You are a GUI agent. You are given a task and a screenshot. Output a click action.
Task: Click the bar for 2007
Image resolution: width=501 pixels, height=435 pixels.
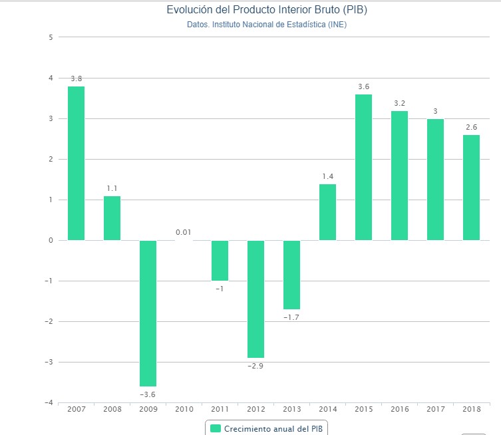click(76, 163)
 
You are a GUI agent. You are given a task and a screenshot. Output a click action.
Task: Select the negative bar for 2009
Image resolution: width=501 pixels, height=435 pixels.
click(148, 313)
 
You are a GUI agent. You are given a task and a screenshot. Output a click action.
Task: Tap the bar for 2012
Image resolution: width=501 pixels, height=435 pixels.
click(255, 299)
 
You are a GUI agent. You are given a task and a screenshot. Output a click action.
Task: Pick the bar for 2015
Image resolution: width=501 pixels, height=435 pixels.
click(363, 167)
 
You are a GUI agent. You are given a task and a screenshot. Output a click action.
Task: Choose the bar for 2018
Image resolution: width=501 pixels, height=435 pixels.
click(471, 187)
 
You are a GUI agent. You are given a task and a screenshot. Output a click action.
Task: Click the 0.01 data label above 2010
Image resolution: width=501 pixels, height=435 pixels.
click(184, 232)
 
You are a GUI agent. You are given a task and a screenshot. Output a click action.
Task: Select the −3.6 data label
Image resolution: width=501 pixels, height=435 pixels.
click(148, 394)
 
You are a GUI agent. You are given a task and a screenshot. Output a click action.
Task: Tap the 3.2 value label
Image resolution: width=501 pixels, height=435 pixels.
click(399, 103)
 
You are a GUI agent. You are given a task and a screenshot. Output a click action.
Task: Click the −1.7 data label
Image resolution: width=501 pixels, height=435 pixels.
click(291, 317)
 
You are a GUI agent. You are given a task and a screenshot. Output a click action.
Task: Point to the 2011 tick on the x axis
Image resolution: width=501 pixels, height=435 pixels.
click(220, 409)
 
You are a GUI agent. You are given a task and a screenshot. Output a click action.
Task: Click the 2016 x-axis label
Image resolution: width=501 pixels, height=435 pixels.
click(399, 409)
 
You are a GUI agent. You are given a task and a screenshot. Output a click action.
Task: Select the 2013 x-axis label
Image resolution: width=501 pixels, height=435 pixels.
click(291, 409)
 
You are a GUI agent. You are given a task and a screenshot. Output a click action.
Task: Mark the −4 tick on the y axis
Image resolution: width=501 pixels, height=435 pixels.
click(48, 402)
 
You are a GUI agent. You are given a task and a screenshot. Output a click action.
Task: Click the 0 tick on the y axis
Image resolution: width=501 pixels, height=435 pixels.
click(51, 240)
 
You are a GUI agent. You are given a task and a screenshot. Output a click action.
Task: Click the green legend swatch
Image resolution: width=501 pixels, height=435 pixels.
click(215, 428)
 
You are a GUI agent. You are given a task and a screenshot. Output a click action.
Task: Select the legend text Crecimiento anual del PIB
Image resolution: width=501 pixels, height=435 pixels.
click(276, 428)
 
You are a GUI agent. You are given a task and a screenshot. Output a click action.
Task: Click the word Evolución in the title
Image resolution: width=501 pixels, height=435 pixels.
click(187, 11)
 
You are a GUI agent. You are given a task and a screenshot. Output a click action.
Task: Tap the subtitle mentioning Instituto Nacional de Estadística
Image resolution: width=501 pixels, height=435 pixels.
click(266, 25)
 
